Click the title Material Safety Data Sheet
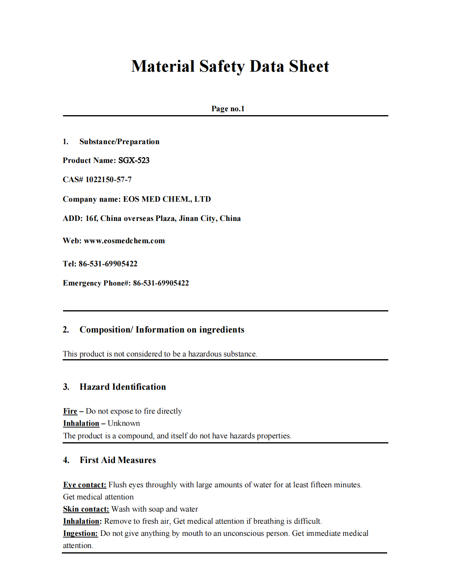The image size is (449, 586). point(230,66)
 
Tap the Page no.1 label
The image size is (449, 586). point(228,109)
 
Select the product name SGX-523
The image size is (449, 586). point(134,160)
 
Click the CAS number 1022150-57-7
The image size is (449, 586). point(108,179)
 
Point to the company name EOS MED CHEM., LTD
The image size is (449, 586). point(167,199)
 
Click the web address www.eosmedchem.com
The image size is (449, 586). point(124,241)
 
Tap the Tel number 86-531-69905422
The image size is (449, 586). point(108,264)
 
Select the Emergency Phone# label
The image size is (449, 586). point(97,283)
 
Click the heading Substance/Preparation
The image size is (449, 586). point(119,141)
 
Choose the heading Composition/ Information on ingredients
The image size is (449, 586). point(162,329)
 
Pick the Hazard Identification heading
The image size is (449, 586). point(123,387)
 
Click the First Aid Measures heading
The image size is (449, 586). point(117,460)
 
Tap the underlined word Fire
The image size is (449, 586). point(70,411)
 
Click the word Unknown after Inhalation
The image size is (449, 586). point(124,423)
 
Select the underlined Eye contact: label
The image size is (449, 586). point(85,485)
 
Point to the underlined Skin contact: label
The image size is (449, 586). point(86,509)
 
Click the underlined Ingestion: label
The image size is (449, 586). point(80,533)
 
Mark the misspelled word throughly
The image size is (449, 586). point(161,485)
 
